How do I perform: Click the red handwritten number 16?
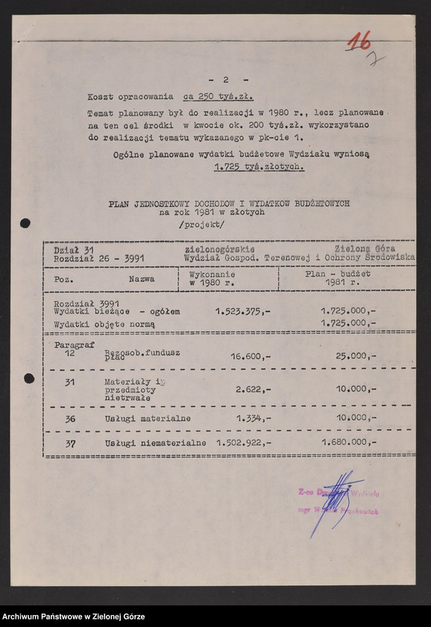click(x=360, y=42)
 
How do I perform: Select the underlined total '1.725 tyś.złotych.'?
click(x=254, y=168)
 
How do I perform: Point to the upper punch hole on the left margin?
click(x=25, y=222)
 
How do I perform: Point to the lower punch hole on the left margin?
click(x=28, y=378)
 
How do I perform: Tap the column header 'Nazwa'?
click(x=141, y=278)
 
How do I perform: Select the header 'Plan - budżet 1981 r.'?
click(x=344, y=278)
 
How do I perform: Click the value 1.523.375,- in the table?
click(x=243, y=311)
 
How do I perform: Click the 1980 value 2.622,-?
click(x=254, y=389)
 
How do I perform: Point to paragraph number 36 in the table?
click(x=69, y=419)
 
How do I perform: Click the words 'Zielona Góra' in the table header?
click(x=365, y=248)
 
